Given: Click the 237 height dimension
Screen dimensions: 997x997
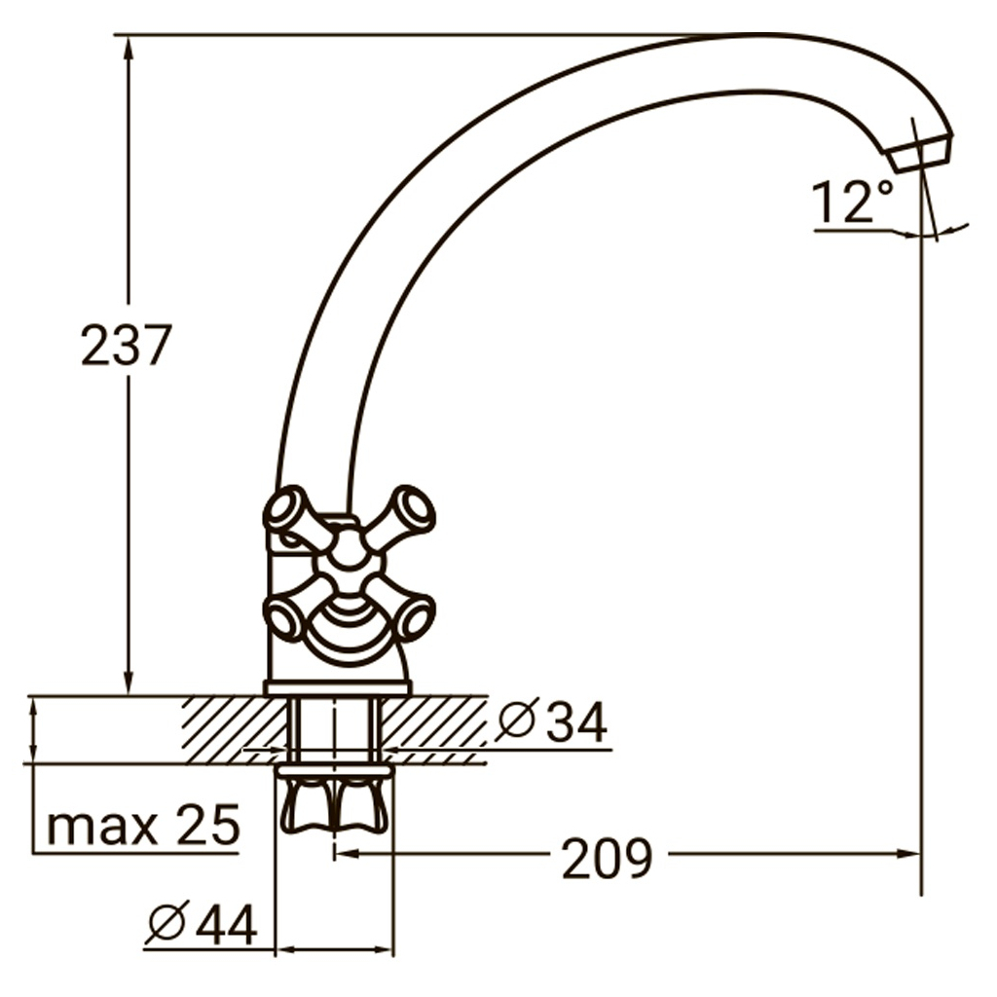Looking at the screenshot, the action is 126,346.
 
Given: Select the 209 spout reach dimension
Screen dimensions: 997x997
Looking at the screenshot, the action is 608,859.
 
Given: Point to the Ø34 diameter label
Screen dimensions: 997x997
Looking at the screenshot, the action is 551,721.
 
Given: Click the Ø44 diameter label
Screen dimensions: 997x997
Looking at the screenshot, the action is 202,923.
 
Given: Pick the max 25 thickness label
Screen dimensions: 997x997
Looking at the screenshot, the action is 143,826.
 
